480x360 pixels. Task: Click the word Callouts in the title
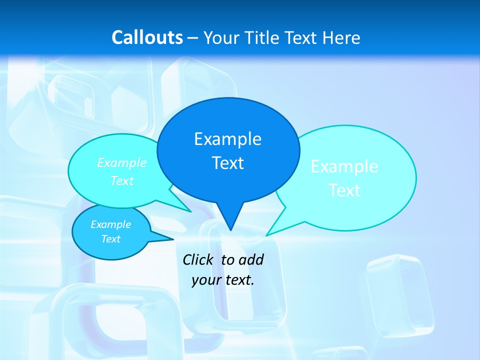(x=147, y=37)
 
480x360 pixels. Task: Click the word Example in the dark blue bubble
(x=227, y=139)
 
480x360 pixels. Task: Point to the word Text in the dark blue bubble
(x=227, y=163)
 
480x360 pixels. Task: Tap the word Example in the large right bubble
(x=344, y=166)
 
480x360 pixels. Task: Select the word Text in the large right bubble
(x=344, y=190)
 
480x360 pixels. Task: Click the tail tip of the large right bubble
(x=267, y=234)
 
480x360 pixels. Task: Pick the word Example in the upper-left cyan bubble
(x=121, y=163)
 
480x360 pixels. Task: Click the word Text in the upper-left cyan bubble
(x=121, y=180)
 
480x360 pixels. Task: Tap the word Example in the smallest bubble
(x=110, y=224)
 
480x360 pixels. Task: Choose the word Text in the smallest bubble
(x=110, y=239)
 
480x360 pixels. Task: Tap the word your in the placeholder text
(x=206, y=280)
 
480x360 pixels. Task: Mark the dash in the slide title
(x=193, y=37)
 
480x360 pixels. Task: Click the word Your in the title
(x=221, y=37)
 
